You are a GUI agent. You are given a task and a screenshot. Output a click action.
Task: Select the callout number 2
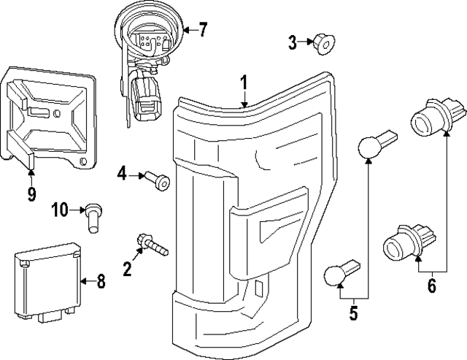coord(128,269)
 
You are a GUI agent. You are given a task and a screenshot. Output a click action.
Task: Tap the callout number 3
coord(292,43)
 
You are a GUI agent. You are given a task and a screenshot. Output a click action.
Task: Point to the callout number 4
coord(122,173)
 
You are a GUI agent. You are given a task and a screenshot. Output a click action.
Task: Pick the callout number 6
coord(431,286)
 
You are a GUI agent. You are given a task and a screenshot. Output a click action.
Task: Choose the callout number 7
coord(202,30)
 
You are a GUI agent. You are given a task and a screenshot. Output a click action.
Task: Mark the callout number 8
coord(100,280)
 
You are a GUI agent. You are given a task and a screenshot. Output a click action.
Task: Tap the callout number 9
coord(31,194)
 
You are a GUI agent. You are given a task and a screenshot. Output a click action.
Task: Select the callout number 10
coord(59,210)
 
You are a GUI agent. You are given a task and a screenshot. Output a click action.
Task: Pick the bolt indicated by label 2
coord(151,244)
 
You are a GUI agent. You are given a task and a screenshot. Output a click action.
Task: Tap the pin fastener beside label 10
coord(93,217)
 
